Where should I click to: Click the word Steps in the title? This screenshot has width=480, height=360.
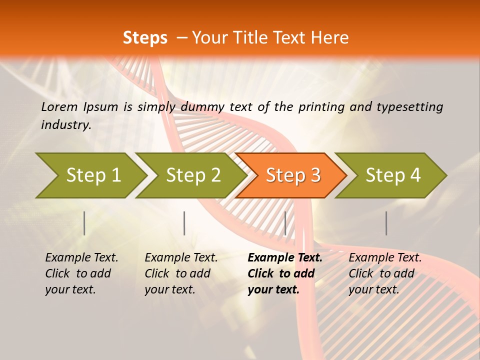145,38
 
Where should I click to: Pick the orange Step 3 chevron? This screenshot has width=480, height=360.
293,175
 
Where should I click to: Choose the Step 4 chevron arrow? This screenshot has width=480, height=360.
393,175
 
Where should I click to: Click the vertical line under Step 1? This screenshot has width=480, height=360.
84,223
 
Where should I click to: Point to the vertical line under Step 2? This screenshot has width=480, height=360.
184,223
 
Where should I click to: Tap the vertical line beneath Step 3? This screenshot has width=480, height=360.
285,223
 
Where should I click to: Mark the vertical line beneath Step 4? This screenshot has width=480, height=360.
386,223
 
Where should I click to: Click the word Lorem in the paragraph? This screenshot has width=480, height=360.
59,107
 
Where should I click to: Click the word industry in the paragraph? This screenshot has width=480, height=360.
66,125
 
